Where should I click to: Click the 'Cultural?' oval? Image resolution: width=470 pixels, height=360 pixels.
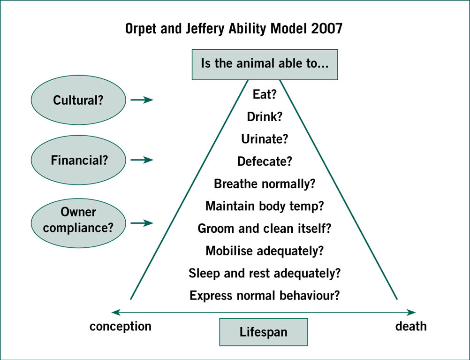pyautogui.click(x=78, y=100)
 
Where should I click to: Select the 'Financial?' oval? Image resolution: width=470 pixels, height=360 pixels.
pyautogui.click(x=78, y=160)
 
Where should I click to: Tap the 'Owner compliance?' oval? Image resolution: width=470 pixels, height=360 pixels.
pyautogui.click(x=78, y=223)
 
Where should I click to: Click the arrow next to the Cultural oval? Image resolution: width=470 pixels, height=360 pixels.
pyautogui.click(x=142, y=100)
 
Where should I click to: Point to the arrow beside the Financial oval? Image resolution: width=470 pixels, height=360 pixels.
pyautogui.click(x=142, y=160)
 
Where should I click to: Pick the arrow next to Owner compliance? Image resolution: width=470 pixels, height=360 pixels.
pyautogui.click(x=142, y=223)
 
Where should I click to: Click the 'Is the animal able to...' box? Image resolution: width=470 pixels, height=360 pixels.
pyautogui.click(x=265, y=64)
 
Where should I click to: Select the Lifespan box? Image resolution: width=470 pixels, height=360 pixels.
pyautogui.click(x=264, y=332)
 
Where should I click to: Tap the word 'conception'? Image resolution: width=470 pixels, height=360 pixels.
pyautogui.click(x=121, y=326)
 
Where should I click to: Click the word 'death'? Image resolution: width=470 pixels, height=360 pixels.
pyautogui.click(x=411, y=326)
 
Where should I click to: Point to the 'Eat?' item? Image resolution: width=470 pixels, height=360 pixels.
pyautogui.click(x=265, y=94)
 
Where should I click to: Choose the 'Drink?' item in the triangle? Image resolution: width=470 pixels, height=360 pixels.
pyautogui.click(x=265, y=116)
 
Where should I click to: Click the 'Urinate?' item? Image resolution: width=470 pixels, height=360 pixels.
pyautogui.click(x=265, y=139)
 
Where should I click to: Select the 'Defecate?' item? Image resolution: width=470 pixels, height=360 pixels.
pyautogui.click(x=265, y=161)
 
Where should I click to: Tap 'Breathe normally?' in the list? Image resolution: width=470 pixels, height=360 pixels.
pyautogui.click(x=265, y=184)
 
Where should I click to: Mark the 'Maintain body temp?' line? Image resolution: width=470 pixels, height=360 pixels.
pyautogui.click(x=265, y=206)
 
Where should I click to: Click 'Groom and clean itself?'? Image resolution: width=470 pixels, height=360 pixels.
pyautogui.click(x=265, y=228)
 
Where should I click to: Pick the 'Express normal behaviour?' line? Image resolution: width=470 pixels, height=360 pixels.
pyautogui.click(x=265, y=296)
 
